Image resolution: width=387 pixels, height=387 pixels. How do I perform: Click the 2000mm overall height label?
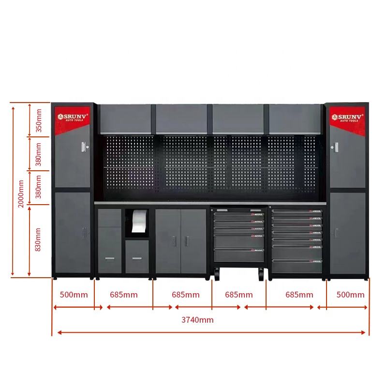21,193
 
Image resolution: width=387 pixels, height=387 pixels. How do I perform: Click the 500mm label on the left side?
74,295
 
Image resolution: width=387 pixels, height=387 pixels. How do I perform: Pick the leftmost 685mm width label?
123,295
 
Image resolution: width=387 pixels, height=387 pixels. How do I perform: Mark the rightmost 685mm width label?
299,295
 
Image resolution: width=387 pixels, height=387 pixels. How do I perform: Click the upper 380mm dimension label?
39,155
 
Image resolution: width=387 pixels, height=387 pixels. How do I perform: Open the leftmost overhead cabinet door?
126,119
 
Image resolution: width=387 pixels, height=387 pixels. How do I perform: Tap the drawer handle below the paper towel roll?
137,257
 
